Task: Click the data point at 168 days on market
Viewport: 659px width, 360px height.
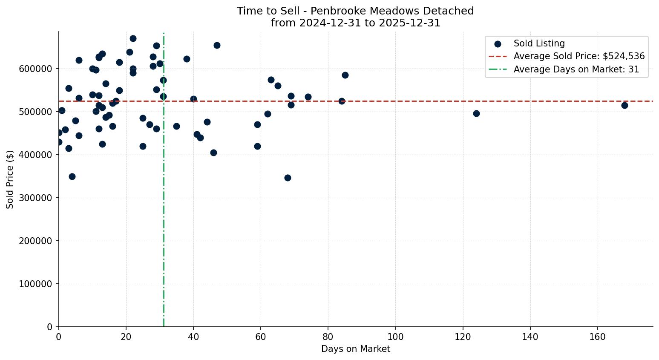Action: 624,105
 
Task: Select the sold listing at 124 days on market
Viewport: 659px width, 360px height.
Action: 476,113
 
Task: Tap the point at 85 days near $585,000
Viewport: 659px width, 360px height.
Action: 345,75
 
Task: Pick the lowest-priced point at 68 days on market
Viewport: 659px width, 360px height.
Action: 288,178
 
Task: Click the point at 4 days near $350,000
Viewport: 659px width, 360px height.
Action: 72,176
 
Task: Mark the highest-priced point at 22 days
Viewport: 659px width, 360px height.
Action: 133,38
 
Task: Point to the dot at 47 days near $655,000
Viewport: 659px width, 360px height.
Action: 217,45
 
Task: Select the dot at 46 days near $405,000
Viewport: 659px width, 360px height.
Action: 213,153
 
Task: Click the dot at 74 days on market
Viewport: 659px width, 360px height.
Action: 308,97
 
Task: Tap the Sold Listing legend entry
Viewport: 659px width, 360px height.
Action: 539,43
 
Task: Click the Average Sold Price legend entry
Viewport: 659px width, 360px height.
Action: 579,56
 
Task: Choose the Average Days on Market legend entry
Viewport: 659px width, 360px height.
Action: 576,69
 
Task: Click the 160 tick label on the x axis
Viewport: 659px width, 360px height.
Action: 597,337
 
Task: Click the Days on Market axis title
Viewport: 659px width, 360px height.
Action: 355,349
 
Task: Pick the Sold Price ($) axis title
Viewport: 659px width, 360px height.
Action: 10,179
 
